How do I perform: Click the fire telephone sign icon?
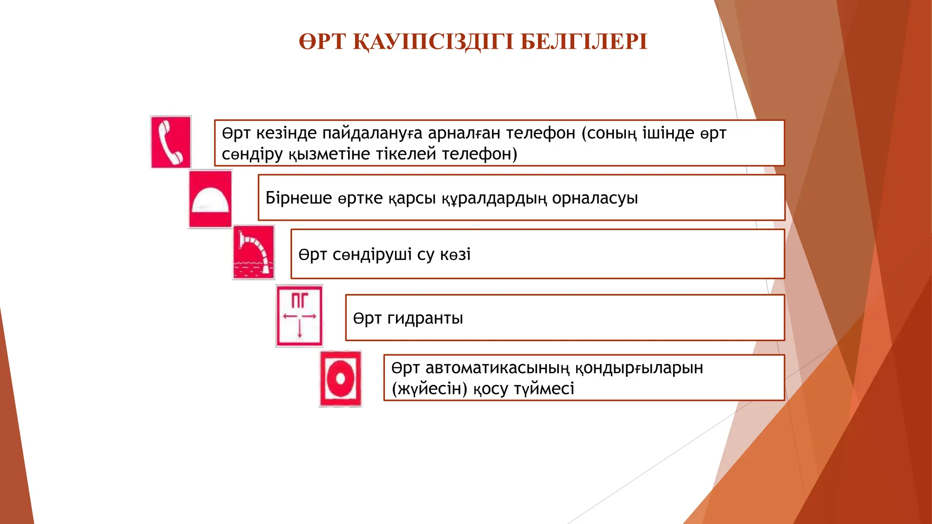tap(171, 142)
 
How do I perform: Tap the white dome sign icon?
tap(210, 199)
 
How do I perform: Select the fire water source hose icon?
tap(253, 252)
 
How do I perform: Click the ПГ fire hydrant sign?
tap(299, 316)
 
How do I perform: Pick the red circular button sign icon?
tap(340, 378)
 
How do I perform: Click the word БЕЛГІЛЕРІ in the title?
tap(583, 42)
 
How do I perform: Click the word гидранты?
tap(425, 318)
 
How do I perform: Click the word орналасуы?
tap(595, 198)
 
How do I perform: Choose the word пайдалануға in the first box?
tap(372, 133)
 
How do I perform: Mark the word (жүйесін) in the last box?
tap(430, 389)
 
